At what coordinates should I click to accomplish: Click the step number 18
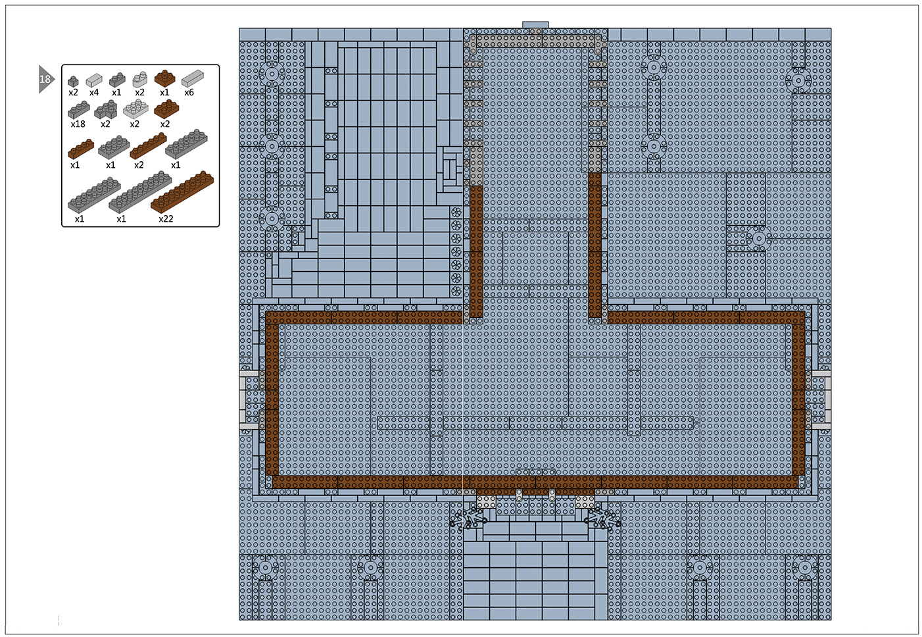[45, 79]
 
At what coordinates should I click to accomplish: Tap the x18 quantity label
[78, 124]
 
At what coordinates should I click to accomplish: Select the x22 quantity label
[166, 218]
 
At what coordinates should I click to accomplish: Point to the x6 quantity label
[189, 92]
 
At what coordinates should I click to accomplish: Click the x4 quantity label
[94, 92]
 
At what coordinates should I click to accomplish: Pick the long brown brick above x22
[182, 191]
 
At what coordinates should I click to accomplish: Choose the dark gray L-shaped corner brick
[106, 109]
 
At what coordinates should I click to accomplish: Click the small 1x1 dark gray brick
[73, 81]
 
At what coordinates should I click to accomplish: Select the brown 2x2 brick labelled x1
[164, 78]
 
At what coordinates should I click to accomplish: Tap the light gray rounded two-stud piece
[140, 79]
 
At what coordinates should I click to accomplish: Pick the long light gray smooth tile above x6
[193, 78]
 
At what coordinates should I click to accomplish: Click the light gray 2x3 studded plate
[136, 109]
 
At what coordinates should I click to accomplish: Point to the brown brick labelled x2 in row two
[166, 109]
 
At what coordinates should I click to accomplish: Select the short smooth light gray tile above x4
[94, 80]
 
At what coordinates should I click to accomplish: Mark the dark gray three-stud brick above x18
[79, 109]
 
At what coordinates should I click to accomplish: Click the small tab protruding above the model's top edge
[535, 25]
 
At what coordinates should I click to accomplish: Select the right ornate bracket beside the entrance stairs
[602, 519]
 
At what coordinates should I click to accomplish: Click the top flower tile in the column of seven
[456, 213]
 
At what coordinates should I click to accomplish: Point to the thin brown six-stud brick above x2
[148, 146]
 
